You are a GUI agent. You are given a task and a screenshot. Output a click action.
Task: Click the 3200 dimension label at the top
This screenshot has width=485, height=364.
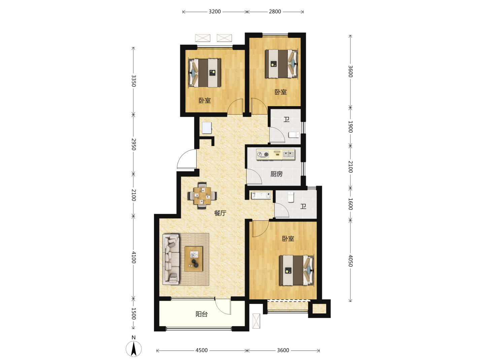pyautogui.click(x=215, y=11)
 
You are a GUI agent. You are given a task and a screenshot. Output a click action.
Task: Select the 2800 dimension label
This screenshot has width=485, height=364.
pyautogui.click(x=274, y=11)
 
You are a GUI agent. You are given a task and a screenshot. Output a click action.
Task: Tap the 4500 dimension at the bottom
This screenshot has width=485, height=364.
pyautogui.click(x=201, y=350)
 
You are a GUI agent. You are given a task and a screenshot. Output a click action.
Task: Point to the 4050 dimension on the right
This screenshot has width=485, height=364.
pyautogui.click(x=350, y=261)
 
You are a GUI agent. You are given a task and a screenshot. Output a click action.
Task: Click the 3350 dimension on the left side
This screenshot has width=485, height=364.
pyautogui.click(x=133, y=81)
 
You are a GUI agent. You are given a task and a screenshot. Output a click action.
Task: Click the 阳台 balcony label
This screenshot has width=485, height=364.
pyautogui.click(x=201, y=314)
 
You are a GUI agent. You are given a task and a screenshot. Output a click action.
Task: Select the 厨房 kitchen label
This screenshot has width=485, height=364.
pyautogui.click(x=277, y=174)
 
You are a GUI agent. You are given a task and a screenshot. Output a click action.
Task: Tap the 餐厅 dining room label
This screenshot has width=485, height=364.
pyautogui.click(x=220, y=213)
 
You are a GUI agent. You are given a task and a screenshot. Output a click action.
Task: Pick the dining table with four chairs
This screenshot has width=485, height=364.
pyautogui.click(x=202, y=195)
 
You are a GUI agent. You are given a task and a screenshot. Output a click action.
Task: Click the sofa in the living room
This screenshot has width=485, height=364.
pyautogui.click(x=171, y=260)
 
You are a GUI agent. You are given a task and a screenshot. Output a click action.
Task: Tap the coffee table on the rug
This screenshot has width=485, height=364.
pyautogui.click(x=194, y=259)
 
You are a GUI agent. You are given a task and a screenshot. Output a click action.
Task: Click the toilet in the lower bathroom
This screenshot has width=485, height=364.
pyautogui.click(x=291, y=197)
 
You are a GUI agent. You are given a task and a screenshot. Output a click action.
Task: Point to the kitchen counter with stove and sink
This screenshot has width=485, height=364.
pyautogui.click(x=276, y=154)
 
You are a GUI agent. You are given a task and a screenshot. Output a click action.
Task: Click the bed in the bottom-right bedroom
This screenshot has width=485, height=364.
pyautogui.click(x=296, y=270)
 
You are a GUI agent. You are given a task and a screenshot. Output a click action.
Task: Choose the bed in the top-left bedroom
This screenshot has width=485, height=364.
pyautogui.click(x=204, y=73)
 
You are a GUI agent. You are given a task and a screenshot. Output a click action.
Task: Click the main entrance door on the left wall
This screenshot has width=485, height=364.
pyautogui.click(x=187, y=159)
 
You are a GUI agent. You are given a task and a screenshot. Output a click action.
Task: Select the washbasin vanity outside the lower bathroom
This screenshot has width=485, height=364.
pyautogui.click(x=261, y=195)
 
